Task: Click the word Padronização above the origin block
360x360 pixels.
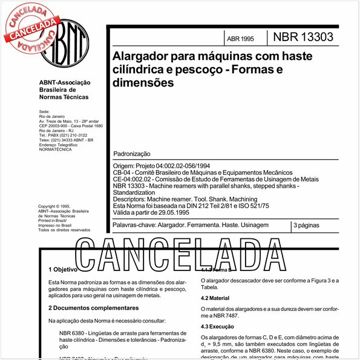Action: click(x=131, y=155)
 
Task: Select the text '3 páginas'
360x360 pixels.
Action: click(x=308, y=225)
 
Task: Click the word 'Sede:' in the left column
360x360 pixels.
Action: click(x=44, y=113)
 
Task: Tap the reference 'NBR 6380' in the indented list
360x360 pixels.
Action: click(x=73, y=333)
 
